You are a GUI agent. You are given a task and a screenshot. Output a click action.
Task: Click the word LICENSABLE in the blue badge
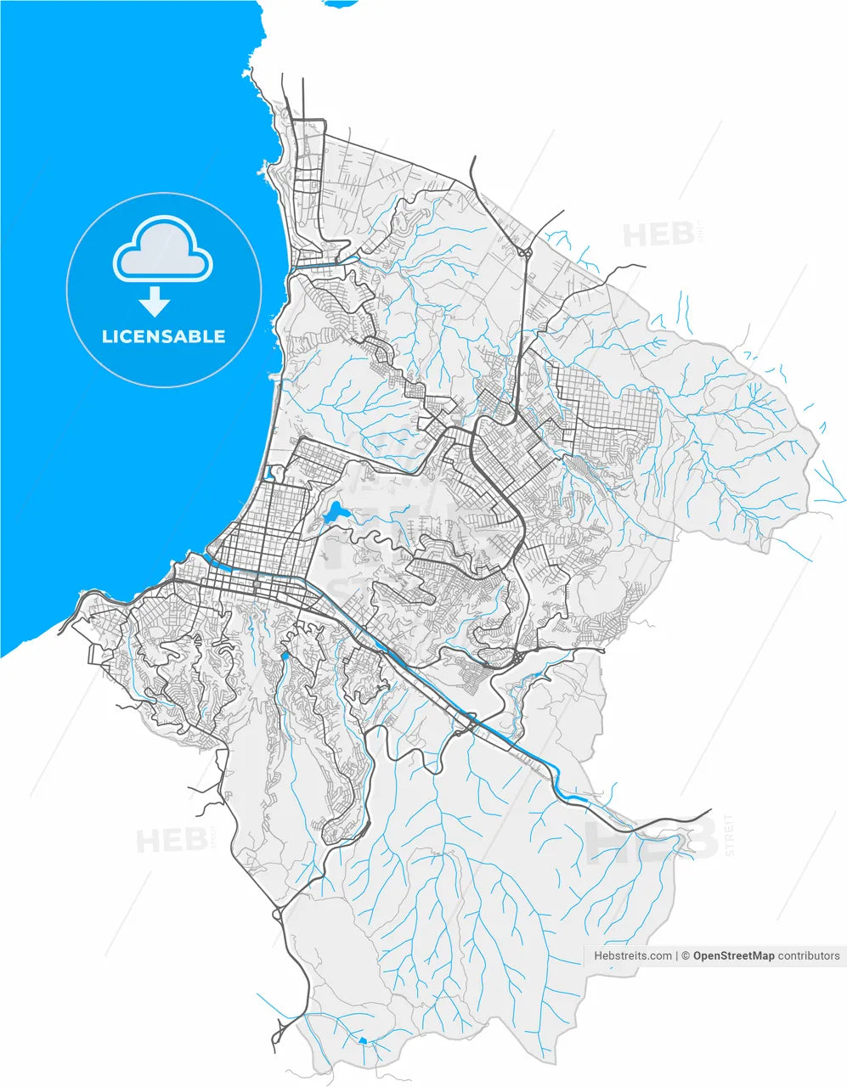point(163,336)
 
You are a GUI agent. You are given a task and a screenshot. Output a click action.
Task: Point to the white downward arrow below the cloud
point(155,301)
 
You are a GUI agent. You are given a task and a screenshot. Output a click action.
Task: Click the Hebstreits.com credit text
point(633,955)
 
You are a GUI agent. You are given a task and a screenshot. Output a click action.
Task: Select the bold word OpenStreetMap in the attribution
point(733,955)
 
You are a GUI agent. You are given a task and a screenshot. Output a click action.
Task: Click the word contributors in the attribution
point(809,955)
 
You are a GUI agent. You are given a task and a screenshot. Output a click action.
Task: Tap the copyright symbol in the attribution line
point(685,955)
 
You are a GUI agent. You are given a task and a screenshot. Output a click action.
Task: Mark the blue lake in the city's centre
point(334,513)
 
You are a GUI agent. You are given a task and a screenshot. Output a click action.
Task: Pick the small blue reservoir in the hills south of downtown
point(285,656)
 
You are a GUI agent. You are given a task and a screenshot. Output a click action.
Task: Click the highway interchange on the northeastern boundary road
point(524,251)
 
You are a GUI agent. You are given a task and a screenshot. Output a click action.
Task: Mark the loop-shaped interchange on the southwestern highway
point(278,915)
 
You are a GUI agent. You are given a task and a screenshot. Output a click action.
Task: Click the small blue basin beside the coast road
point(271,473)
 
